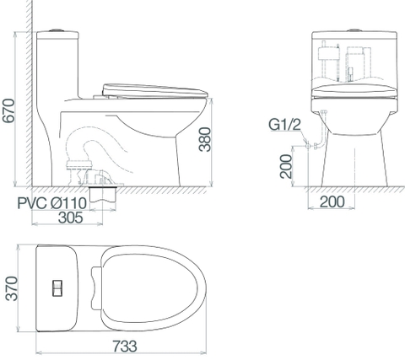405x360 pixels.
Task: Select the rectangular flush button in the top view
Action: (x=57, y=287)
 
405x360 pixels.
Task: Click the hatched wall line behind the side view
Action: (x=29, y=93)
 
